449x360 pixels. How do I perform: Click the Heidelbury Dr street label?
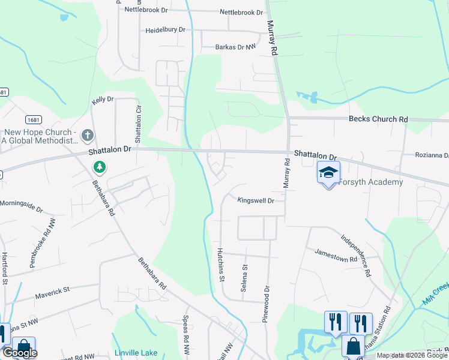(165, 29)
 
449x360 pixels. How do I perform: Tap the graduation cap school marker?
(328, 173)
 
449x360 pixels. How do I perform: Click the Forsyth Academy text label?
(370, 182)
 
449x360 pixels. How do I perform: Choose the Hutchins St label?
(221, 265)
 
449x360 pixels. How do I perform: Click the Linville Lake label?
(136, 353)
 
